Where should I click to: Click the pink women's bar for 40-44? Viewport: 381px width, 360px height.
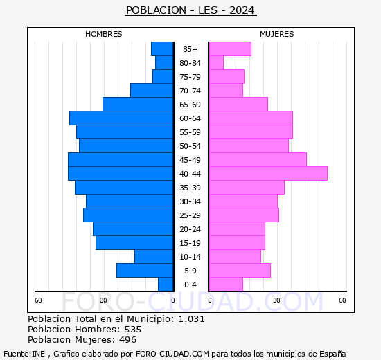tap(268, 174)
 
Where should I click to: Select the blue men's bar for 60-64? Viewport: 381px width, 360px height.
tap(121, 118)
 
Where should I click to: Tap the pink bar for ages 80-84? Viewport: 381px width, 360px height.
tap(216, 63)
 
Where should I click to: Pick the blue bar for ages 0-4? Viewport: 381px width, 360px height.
tap(166, 285)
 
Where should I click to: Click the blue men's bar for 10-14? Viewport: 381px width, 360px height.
tap(154, 257)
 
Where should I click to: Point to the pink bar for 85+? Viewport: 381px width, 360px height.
tap(230, 49)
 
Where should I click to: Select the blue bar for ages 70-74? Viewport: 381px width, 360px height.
tap(152, 91)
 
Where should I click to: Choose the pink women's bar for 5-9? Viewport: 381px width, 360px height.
tap(240, 271)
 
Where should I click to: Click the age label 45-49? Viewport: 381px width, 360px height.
tap(190, 160)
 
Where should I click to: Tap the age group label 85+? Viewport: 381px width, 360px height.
tap(190, 49)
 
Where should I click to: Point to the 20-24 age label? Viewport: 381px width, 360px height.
tap(190, 229)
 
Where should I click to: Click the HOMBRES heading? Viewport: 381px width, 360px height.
tap(104, 34)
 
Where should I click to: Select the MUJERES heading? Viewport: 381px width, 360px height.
tap(277, 34)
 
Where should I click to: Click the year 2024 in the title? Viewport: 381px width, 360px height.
tap(242, 10)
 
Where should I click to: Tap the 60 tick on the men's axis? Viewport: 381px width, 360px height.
tap(38, 300)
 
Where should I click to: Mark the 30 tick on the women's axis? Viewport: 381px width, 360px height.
tap(276, 300)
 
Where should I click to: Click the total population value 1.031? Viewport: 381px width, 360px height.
tap(191, 318)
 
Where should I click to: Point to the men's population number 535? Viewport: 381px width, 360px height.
tap(133, 329)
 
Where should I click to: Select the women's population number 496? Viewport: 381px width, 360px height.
tap(128, 340)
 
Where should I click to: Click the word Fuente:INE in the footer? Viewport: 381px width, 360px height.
tap(24, 354)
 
